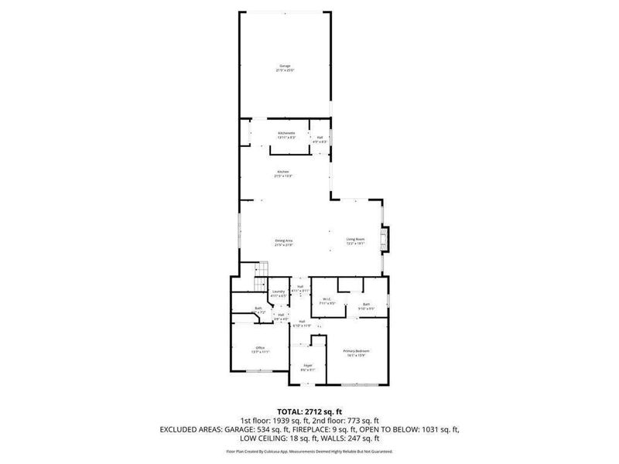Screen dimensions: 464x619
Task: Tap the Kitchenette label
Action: click(x=286, y=135)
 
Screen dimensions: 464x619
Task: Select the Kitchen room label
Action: click(x=282, y=173)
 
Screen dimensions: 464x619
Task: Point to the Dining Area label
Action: click(x=284, y=242)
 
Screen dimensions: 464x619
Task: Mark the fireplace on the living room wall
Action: click(x=388, y=240)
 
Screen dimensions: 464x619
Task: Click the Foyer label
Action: click(x=307, y=367)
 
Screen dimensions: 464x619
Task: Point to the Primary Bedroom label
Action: click(x=357, y=353)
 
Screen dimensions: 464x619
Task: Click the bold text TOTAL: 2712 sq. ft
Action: click(x=309, y=411)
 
